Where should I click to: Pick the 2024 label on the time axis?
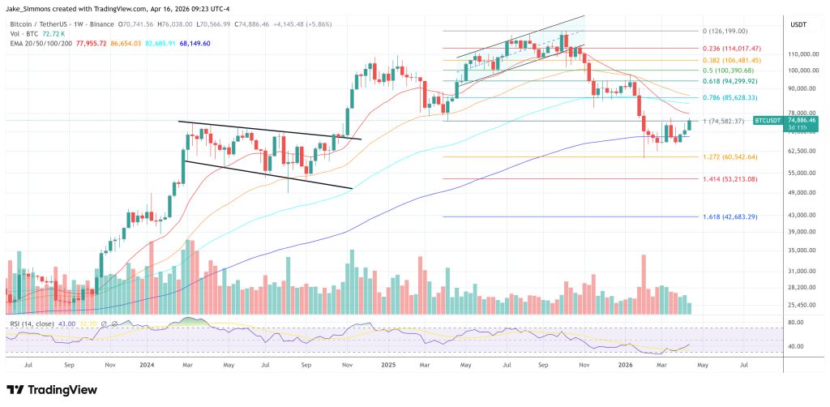pyautogui.click(x=147, y=366)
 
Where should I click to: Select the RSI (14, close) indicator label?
pyautogui.click(x=32, y=324)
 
